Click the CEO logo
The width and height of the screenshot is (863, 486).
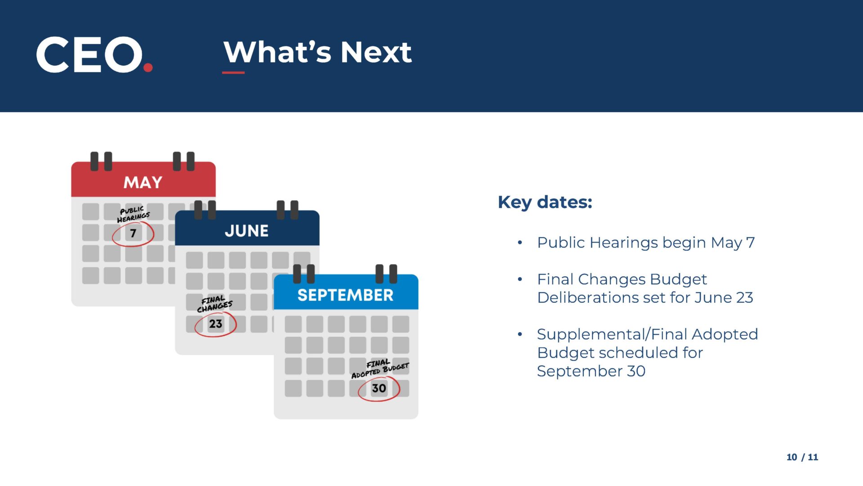point(94,54)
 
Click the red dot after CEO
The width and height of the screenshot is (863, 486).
point(148,67)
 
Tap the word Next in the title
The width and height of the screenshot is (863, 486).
point(376,52)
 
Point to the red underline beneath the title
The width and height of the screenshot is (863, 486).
point(233,72)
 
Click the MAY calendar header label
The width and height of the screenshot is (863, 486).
point(143,182)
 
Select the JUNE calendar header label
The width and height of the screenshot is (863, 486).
point(247,231)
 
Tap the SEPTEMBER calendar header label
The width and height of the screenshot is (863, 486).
point(345,295)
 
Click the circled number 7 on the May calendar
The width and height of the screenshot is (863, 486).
point(133,233)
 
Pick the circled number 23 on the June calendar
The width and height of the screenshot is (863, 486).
point(216,324)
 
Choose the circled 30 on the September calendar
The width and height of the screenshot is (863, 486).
point(379,388)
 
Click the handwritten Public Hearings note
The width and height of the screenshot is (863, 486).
point(133,214)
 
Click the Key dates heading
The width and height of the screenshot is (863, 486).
point(545,202)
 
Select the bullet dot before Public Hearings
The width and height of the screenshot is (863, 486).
point(520,243)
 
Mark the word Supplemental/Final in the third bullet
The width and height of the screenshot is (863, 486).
point(612,334)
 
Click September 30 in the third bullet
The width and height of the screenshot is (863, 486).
point(591,371)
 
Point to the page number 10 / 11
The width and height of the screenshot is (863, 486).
point(802,457)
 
